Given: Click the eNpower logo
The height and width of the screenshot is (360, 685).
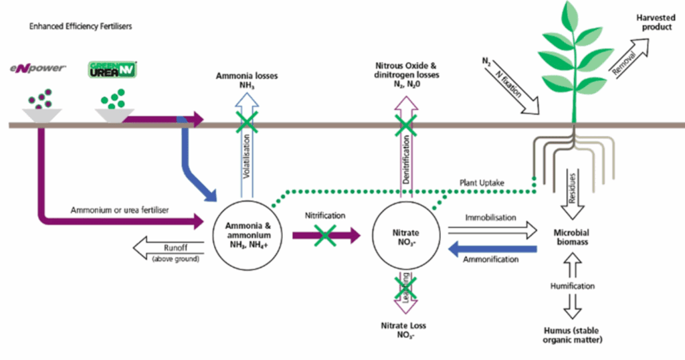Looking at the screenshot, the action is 38,68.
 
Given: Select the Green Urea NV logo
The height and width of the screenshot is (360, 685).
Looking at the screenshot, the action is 112,70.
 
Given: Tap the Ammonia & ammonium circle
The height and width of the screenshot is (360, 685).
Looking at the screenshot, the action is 248,236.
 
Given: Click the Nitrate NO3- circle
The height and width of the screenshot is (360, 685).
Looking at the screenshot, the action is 406,236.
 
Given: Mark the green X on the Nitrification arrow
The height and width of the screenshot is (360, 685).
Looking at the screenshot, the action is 325,236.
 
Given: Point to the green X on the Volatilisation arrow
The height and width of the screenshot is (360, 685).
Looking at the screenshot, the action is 247,122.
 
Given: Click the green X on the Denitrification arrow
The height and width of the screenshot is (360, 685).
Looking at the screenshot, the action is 406,124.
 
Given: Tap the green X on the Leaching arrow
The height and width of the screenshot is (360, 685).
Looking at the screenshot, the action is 406,288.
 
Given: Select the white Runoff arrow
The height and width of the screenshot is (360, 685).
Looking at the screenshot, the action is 168,248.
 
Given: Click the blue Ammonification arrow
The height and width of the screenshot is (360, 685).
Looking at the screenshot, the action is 492,249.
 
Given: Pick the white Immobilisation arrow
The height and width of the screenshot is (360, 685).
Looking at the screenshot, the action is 492,230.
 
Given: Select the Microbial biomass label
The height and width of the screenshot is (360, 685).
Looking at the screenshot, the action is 572,238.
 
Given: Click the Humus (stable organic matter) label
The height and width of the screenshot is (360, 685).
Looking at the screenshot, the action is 572,335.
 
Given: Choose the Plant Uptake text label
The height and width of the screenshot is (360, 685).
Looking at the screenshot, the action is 482,183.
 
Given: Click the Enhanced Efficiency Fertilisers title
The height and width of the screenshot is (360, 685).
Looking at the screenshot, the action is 80,26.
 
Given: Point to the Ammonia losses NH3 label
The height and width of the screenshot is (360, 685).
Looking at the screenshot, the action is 247,80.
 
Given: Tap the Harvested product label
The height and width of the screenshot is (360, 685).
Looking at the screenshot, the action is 656,22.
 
